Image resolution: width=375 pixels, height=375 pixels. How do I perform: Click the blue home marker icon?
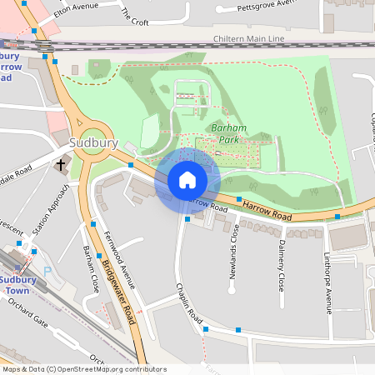pos(187,179)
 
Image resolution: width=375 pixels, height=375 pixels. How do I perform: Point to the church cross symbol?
pos(61,165)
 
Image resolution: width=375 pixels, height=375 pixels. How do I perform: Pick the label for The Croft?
pos(134,17)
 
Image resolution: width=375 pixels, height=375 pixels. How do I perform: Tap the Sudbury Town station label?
pos(17,285)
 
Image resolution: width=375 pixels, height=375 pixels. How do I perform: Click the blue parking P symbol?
pos(47,270)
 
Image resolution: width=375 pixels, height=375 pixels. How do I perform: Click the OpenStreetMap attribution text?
pos(84,369)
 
